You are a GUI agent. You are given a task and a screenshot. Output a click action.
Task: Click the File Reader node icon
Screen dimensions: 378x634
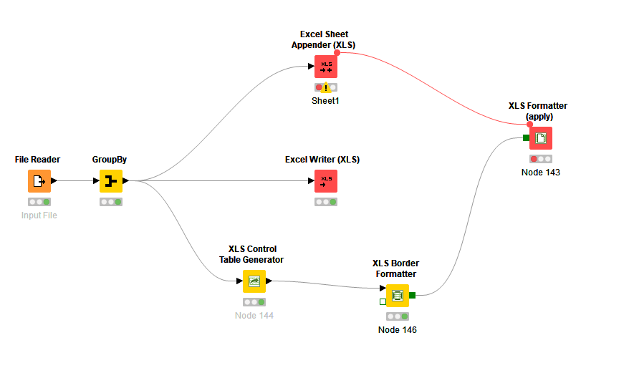pos(39,181)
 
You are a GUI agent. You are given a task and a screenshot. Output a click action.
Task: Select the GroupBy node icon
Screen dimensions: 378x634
pos(111,181)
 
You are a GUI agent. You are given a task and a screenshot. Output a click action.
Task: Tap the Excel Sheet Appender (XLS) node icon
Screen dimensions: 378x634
pos(326,67)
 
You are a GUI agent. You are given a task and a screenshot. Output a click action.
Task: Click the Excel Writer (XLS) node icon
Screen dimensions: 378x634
pos(326,181)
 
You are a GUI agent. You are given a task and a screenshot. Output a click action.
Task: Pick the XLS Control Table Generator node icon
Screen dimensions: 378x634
pos(254,281)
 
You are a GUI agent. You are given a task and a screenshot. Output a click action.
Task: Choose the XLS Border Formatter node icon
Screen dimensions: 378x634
pos(398,295)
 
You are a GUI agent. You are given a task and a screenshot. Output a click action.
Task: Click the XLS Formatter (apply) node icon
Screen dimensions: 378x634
pos(541,138)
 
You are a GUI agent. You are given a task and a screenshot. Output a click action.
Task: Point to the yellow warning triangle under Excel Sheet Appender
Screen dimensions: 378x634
pos(326,87)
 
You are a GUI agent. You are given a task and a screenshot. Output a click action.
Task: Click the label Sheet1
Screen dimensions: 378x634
pos(325,101)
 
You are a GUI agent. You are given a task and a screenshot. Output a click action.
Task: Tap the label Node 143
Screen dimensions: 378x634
pos(541,173)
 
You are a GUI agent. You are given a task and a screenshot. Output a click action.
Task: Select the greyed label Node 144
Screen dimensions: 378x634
pos(254,316)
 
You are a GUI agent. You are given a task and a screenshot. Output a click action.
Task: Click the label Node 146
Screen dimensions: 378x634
pos(398,330)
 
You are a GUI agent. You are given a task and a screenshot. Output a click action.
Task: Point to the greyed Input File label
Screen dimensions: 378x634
pos(39,215)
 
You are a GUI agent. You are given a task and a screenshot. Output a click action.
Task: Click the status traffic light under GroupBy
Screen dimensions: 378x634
pos(111,202)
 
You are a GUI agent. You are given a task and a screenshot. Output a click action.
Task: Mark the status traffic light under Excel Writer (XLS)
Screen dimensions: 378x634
pos(326,202)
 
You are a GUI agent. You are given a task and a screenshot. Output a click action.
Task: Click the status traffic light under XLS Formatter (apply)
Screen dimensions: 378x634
pos(541,159)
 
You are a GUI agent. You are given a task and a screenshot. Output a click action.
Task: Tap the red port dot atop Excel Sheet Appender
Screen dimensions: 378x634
pos(337,52)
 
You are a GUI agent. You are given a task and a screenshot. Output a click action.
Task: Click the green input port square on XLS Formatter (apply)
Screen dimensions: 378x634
pos(527,137)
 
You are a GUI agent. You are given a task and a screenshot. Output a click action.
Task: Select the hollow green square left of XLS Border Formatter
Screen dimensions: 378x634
pos(383,301)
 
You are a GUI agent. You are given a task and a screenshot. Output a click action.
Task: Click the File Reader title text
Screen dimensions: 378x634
pos(37,159)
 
